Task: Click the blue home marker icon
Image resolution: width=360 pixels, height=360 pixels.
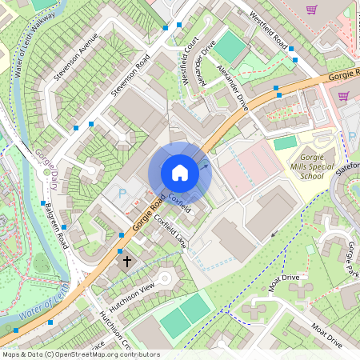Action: tap(180, 173)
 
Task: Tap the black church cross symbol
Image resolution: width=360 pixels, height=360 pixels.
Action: tap(126, 261)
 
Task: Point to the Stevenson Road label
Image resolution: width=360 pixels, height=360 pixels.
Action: tap(130, 76)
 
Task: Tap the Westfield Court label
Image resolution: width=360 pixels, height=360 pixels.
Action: tap(190, 61)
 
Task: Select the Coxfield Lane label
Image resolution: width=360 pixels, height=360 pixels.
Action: tap(170, 231)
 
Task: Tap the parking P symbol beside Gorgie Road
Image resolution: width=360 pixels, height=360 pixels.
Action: tap(122, 194)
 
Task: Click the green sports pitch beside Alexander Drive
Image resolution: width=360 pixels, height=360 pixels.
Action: tap(230, 47)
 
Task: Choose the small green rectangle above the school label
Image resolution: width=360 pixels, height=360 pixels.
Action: tap(286, 142)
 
